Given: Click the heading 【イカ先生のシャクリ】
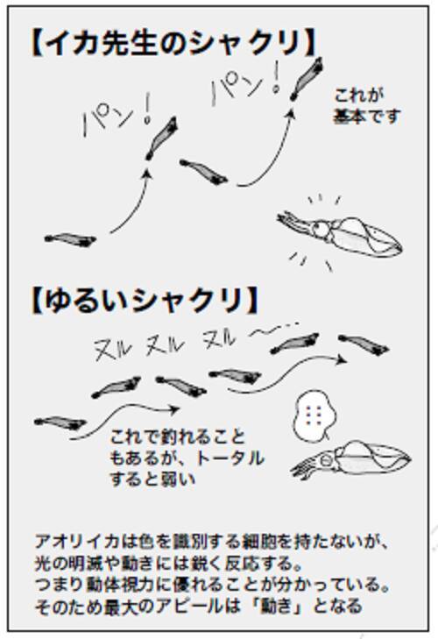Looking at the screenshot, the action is point(174,43).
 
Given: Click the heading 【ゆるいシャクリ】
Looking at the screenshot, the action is point(145,301).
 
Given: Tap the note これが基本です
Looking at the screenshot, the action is point(367,106).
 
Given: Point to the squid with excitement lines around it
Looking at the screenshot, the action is point(339,233).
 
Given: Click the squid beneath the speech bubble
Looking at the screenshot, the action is point(350,460).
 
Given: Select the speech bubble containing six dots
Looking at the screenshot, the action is point(314,415).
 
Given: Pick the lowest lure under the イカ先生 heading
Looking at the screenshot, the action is point(70,239).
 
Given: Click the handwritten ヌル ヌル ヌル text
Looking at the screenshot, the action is point(165,345).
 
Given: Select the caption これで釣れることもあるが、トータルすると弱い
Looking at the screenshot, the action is point(187,458).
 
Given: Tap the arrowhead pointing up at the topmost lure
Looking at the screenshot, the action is point(291,113).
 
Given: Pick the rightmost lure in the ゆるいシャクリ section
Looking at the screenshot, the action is point(364,344).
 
